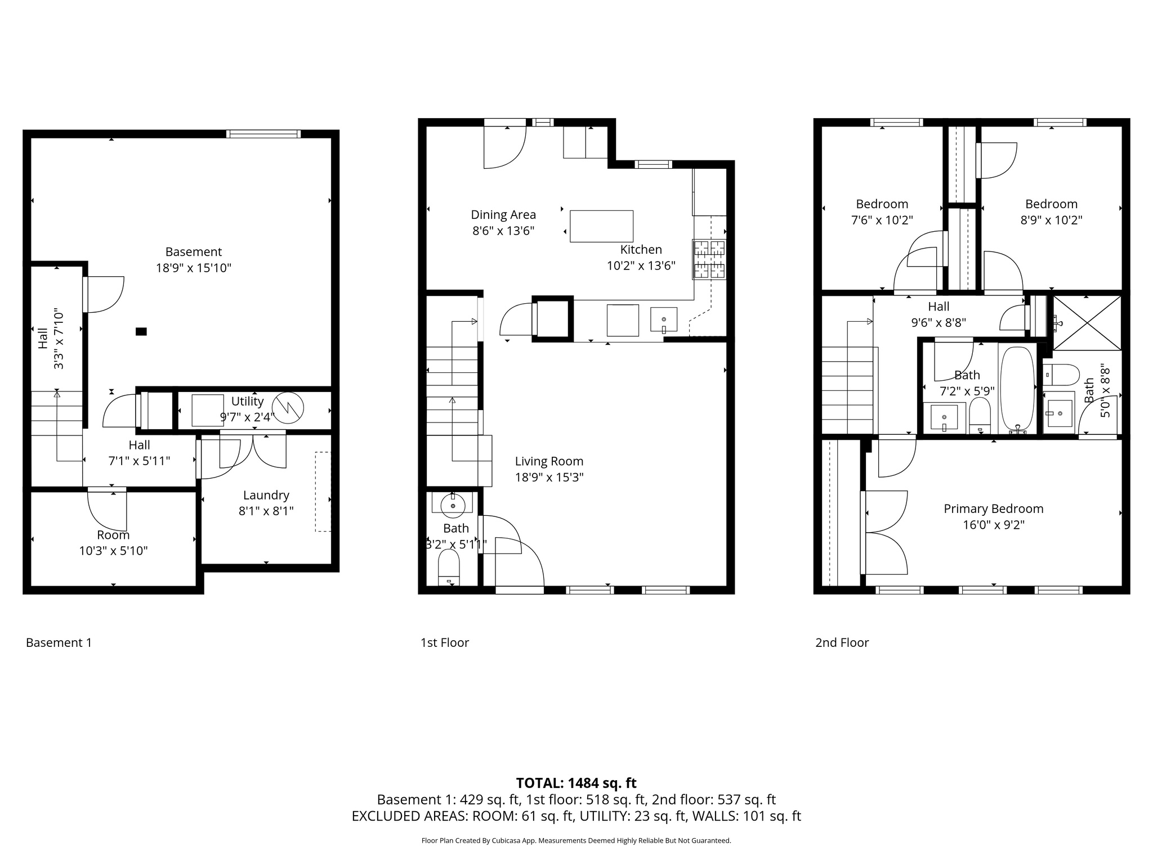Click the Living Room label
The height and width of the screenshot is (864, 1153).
pos(549,461)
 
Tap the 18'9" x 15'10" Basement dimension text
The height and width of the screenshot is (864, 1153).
pos(194,268)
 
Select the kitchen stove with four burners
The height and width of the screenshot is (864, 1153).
pos(709,259)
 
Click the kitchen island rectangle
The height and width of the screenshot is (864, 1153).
pos(601,226)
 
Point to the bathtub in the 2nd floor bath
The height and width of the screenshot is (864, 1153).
pos(1017,388)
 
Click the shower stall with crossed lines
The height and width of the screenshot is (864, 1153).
pos(1087,323)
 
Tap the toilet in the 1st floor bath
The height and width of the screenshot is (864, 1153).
pos(449,567)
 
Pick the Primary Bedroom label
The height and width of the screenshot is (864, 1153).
pos(993,509)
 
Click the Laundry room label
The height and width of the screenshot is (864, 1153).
pos(266,496)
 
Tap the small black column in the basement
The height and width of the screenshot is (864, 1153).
pos(141,332)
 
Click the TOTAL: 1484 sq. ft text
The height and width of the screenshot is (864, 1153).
pos(576,783)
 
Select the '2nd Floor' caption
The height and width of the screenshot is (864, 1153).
pos(842,642)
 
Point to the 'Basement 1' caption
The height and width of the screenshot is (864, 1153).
pos(59,642)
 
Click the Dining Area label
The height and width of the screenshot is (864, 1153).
pos(503,215)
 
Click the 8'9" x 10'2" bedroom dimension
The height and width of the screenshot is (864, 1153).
pos(1051,220)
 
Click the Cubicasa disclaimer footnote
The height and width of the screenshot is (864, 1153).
pos(576,841)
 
